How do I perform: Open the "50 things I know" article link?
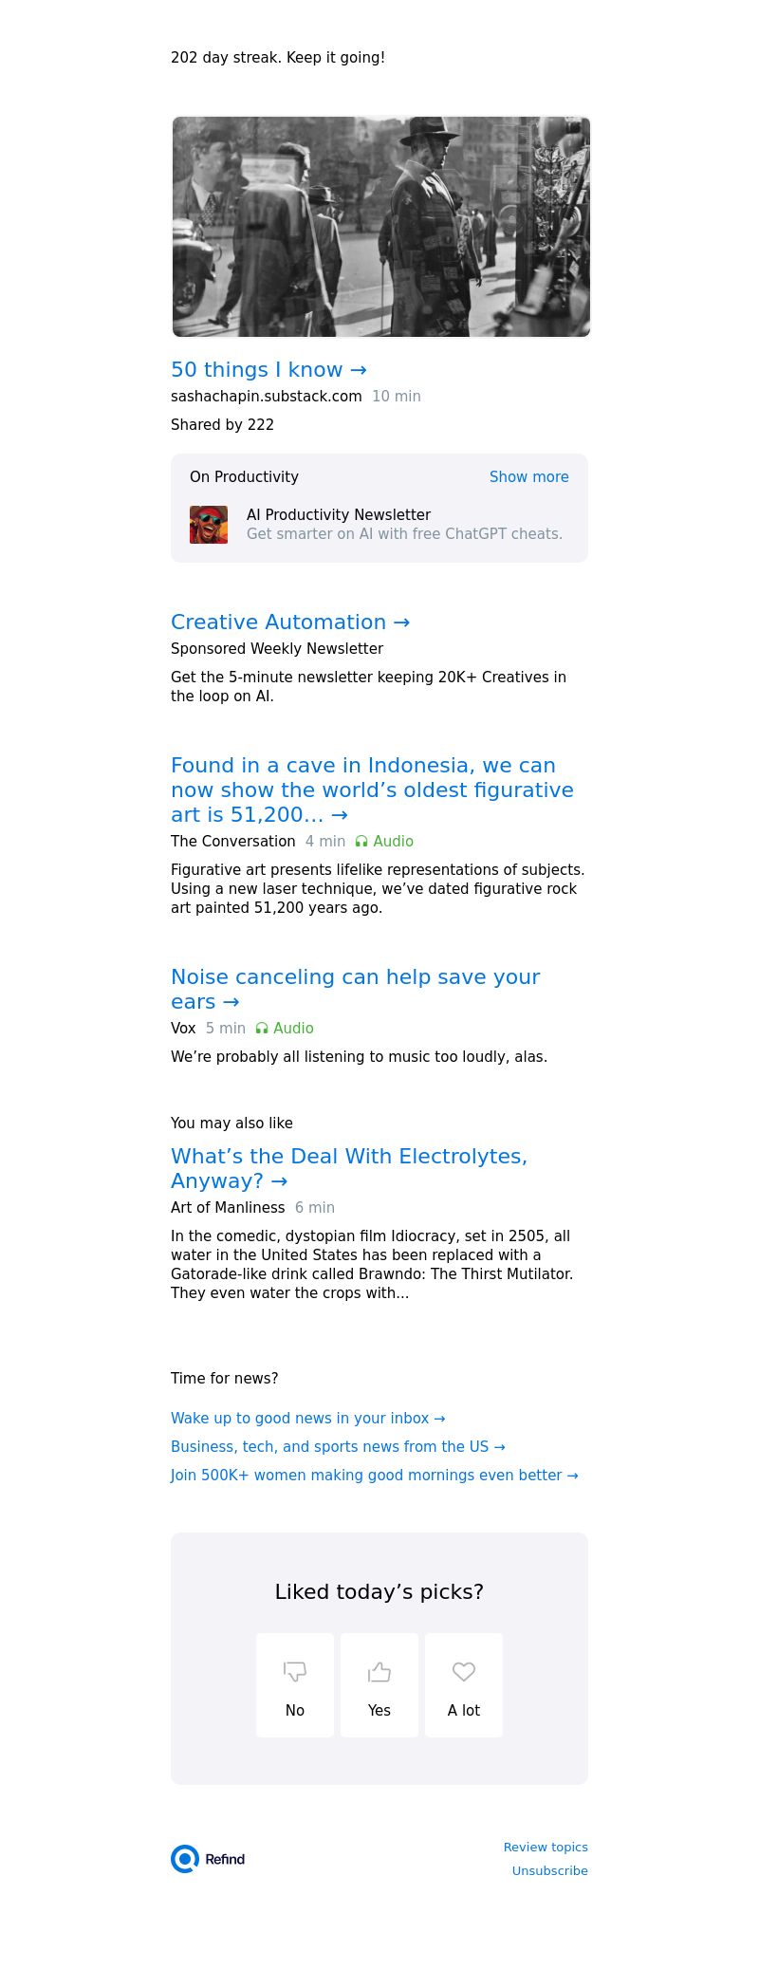pyautogui.click(x=268, y=370)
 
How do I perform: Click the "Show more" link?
pyautogui.click(x=528, y=477)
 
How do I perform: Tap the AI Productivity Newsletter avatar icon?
pyautogui.click(x=209, y=525)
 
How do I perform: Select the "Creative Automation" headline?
pyautogui.click(x=290, y=622)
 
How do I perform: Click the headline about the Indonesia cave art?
pyautogui.click(x=372, y=790)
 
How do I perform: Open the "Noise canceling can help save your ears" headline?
pyautogui.click(x=355, y=989)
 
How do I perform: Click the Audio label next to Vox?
pyautogui.click(x=285, y=1029)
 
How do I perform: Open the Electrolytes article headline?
pyautogui.click(x=348, y=1168)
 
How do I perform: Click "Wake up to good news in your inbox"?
pyautogui.click(x=307, y=1419)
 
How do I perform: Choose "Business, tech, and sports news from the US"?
pyautogui.click(x=338, y=1447)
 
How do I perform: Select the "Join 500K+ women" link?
pyautogui.click(x=374, y=1476)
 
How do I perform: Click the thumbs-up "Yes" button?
pyautogui.click(x=379, y=1685)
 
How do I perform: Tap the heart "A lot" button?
pyautogui.click(x=464, y=1685)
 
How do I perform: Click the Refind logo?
pyautogui.click(x=208, y=1859)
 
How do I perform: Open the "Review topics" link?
pyautogui.click(x=546, y=1847)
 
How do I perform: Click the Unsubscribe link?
pyautogui.click(x=549, y=1870)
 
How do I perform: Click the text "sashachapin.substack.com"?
pyautogui.click(x=267, y=397)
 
